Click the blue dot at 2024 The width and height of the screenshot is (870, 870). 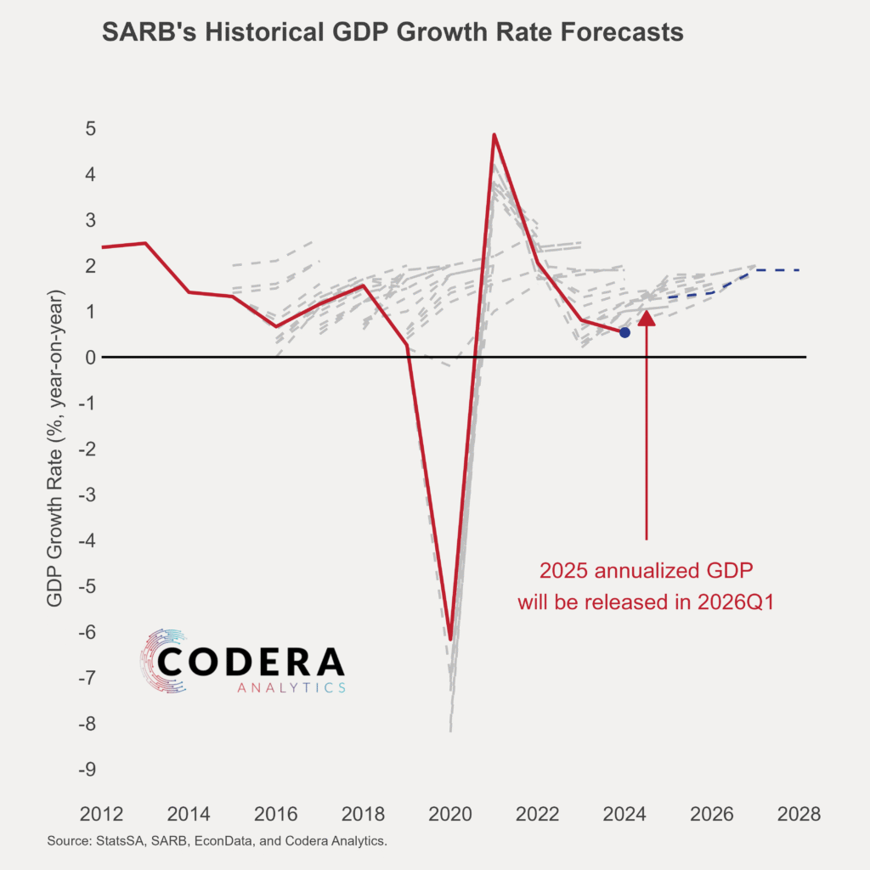click(x=624, y=332)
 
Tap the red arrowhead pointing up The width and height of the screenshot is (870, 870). click(x=647, y=319)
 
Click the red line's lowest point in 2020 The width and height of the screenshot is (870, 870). click(x=450, y=639)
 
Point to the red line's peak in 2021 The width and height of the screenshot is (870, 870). click(x=494, y=134)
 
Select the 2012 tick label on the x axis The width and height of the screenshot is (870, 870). click(x=100, y=813)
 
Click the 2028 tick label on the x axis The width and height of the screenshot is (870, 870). click(x=799, y=813)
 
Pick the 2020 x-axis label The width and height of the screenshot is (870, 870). click(x=449, y=813)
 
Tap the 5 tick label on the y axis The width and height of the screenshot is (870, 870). click(x=89, y=128)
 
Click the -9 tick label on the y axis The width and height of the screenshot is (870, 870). click(x=85, y=770)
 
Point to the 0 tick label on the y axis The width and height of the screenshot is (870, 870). click(x=89, y=358)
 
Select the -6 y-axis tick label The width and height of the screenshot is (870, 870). click(x=85, y=632)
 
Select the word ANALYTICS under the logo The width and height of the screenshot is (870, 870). click(x=291, y=686)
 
